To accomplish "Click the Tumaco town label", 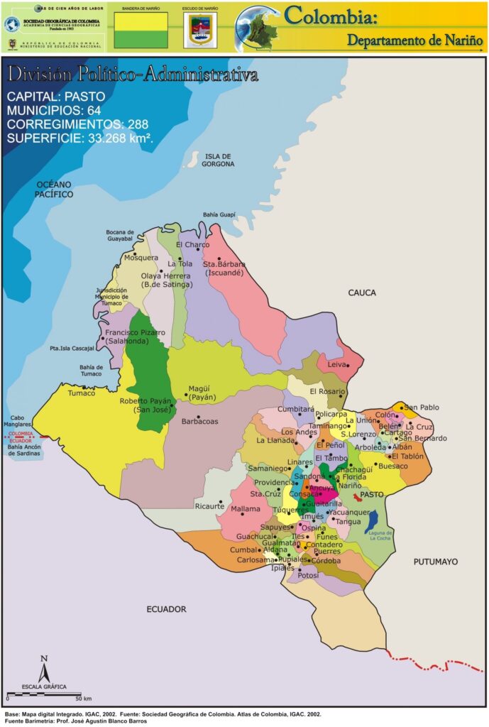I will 81,393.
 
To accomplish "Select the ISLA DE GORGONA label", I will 219,160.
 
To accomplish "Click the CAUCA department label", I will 361,293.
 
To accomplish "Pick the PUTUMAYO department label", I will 435,562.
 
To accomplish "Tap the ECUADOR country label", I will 166,609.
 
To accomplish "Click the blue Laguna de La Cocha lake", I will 371,522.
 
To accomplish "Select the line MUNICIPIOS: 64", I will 53,110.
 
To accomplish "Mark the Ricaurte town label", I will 209,506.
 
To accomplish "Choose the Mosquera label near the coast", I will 141,258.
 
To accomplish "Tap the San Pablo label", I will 422,408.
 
